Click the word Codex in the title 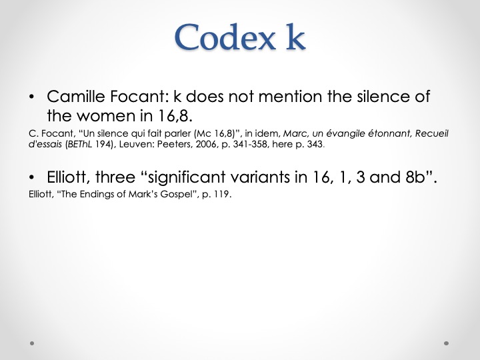pyautogui.click(x=225, y=37)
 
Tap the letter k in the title pyautogui.click(x=295, y=36)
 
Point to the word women pyautogui.click(x=105, y=116)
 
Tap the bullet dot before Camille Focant pyautogui.click(x=31, y=97)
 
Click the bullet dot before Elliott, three pyautogui.click(x=31, y=177)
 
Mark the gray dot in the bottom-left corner pyautogui.click(x=32, y=343)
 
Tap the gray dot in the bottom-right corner pyautogui.click(x=446, y=343)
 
